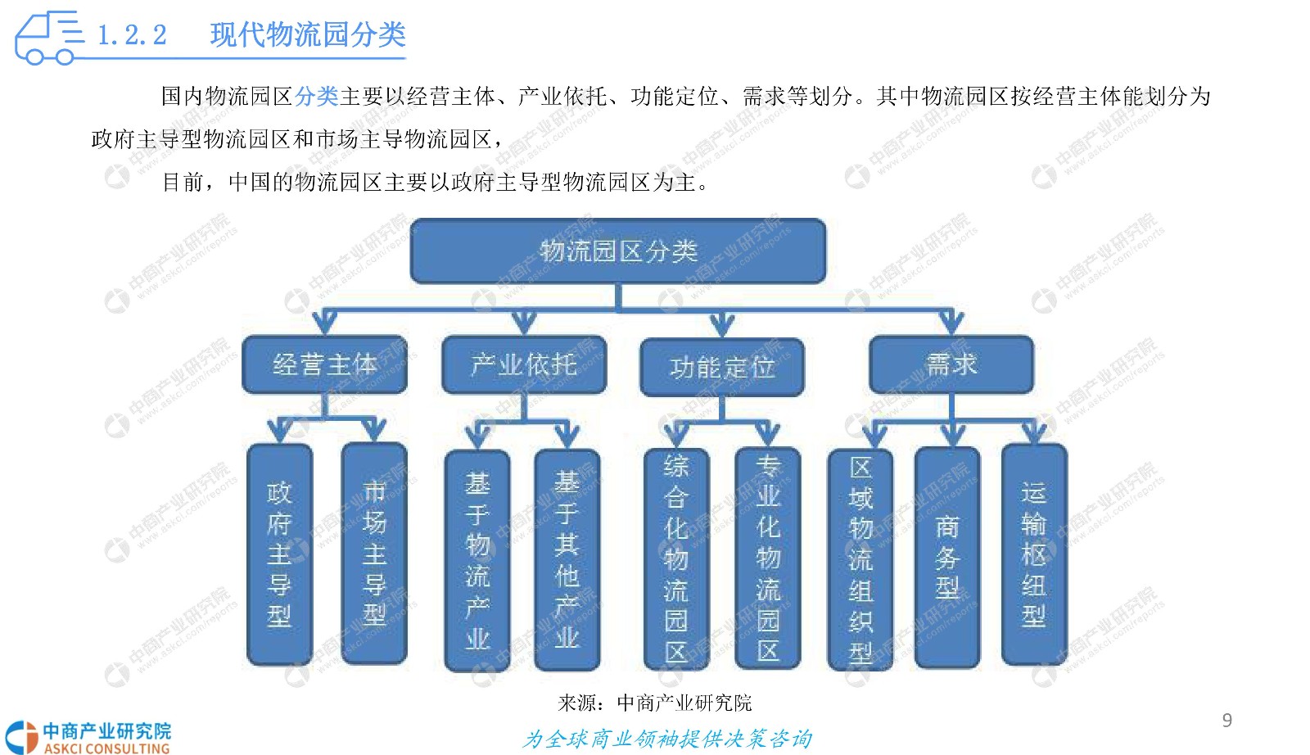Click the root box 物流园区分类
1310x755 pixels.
pyautogui.click(x=618, y=251)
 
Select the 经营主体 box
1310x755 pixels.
pyautogui.click(x=324, y=364)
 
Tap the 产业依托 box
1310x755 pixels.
pyautogui.click(x=524, y=364)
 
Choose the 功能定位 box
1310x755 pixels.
pyautogui.click(x=722, y=368)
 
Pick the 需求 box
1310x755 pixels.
pyautogui.click(x=951, y=364)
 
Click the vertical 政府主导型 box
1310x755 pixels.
pyautogui.click(x=279, y=554)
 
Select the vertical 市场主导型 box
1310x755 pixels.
pyautogui.click(x=374, y=554)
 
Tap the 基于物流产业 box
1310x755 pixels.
pyautogui.click(x=477, y=560)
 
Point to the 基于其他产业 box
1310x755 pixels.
pyautogui.click(x=567, y=559)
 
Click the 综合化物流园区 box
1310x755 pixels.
pyautogui.click(x=676, y=558)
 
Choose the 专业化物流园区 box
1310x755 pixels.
pyautogui.click(x=768, y=558)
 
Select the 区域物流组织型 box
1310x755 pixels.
pyautogui.click(x=861, y=559)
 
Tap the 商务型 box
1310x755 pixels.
pyautogui.click(x=947, y=558)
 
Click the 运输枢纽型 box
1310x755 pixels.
pyautogui.click(x=1034, y=554)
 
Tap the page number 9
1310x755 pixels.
pyautogui.click(x=1227, y=720)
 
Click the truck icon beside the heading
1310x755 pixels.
pyautogui.click(x=49, y=38)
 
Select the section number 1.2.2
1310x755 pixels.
pyautogui.click(x=132, y=35)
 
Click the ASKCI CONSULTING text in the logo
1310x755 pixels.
pyautogui.click(x=106, y=748)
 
